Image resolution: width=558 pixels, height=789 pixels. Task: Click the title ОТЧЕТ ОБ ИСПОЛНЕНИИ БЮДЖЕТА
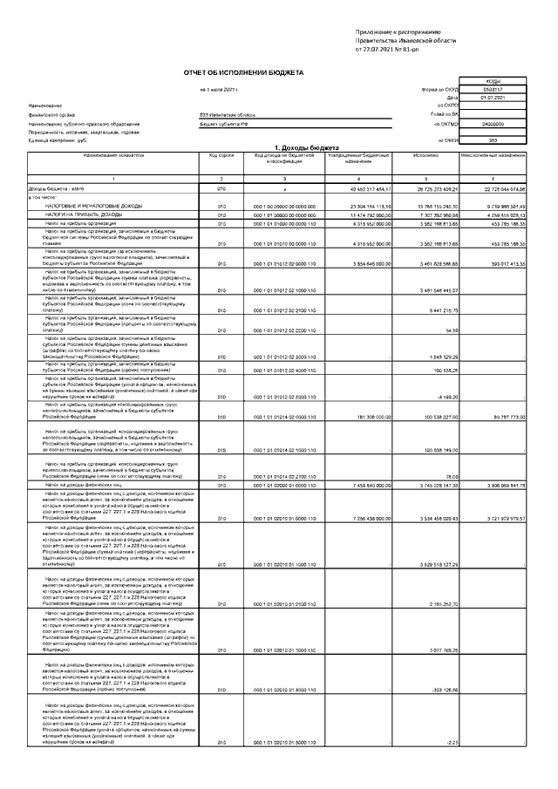(243, 73)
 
